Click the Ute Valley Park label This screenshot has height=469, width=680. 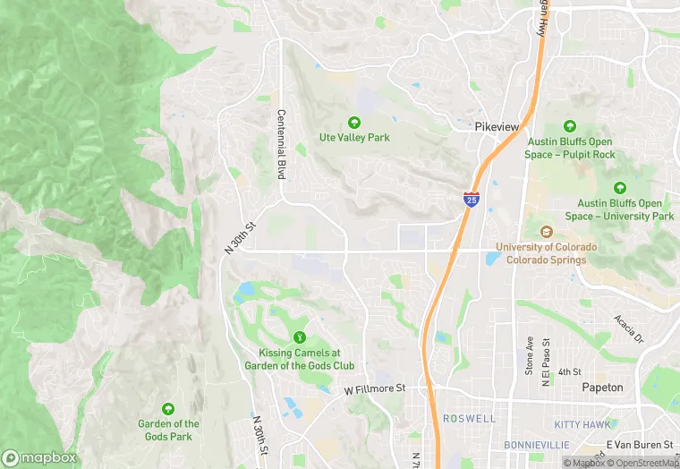354,138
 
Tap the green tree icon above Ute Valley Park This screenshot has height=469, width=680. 354,123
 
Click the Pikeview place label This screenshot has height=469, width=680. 497,127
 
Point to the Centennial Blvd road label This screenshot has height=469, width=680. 281,144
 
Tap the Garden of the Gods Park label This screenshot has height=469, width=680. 168,430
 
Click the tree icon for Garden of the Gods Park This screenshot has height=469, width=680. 168,408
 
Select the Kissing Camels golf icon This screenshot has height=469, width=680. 300,337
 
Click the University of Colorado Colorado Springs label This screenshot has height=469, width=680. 546,253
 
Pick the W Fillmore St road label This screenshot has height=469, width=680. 375,388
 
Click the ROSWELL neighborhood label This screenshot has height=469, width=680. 468,418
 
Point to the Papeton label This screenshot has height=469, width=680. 602,388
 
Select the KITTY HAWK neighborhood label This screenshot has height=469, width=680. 582,424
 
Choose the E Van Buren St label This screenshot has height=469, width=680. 639,445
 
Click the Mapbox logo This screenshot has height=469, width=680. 39,457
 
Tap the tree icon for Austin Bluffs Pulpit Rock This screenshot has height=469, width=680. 569,126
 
